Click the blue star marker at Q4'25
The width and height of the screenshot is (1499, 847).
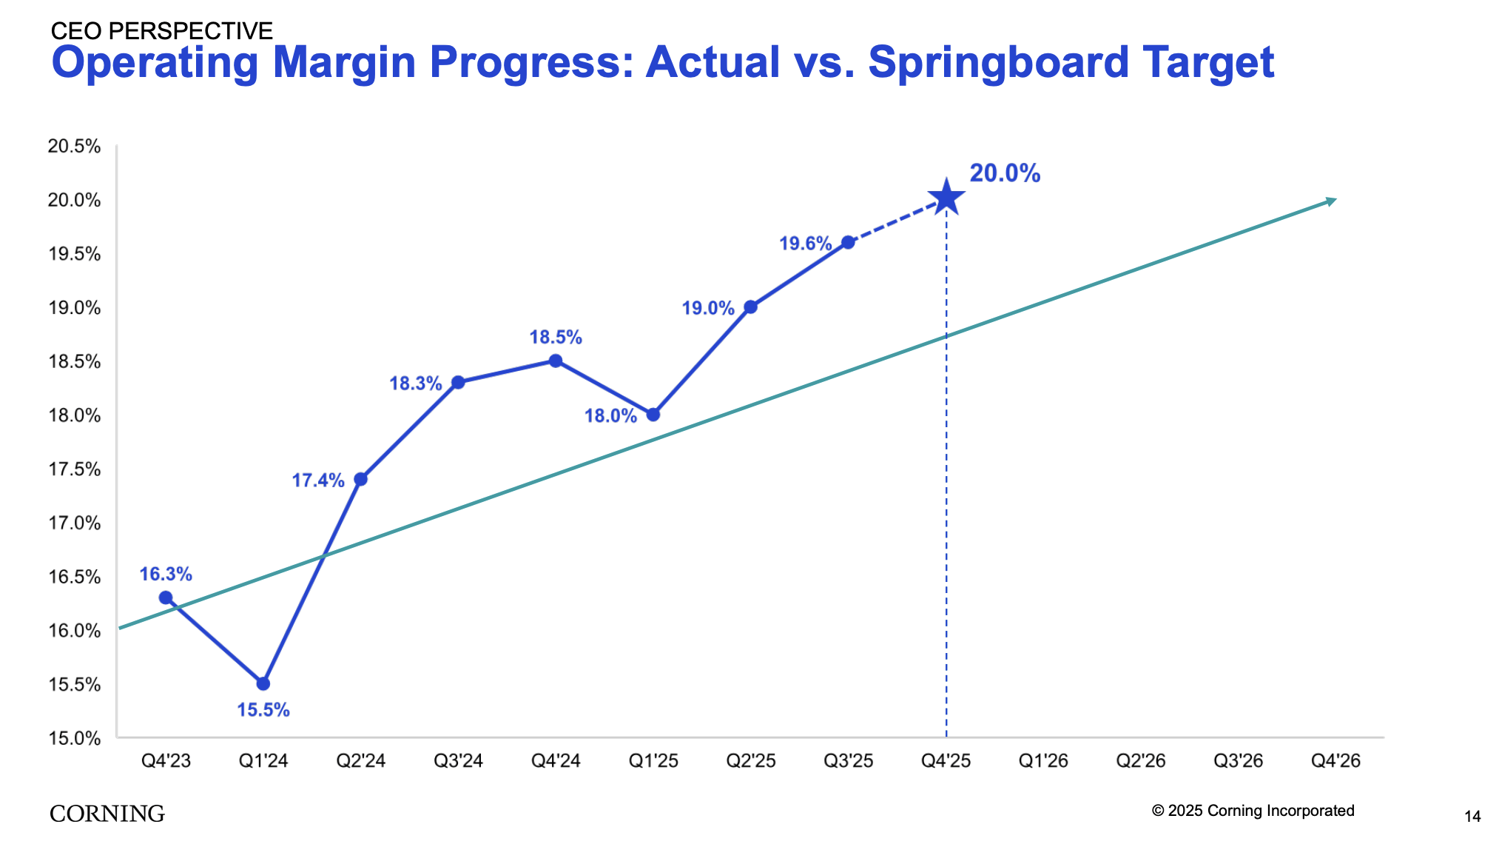point(946,198)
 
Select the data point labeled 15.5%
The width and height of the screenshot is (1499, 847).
point(263,683)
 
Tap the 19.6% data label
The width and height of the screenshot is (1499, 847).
point(805,244)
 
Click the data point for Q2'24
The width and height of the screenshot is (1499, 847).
point(360,479)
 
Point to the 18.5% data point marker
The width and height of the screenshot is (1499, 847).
point(556,361)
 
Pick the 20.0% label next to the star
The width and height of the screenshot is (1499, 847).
point(1005,173)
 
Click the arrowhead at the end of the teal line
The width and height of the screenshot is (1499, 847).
point(1331,201)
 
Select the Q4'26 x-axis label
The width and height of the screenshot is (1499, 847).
point(1335,760)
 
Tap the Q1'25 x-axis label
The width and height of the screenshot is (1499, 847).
point(653,760)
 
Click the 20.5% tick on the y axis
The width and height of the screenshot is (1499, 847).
point(74,146)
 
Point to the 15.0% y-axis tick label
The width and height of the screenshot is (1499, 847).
point(74,738)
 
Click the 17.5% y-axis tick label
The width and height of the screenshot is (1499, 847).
point(74,469)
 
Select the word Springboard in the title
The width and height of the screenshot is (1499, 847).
point(998,62)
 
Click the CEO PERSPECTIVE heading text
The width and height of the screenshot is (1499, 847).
point(161,30)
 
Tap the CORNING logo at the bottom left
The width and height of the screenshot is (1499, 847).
point(107,813)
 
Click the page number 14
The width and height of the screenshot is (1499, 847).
point(1472,817)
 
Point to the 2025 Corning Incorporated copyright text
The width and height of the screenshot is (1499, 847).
point(1253,811)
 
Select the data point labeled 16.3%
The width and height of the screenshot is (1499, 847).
point(166,597)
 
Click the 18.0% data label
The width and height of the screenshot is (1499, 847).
point(610,416)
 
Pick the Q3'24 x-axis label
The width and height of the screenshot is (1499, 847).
point(458,760)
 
